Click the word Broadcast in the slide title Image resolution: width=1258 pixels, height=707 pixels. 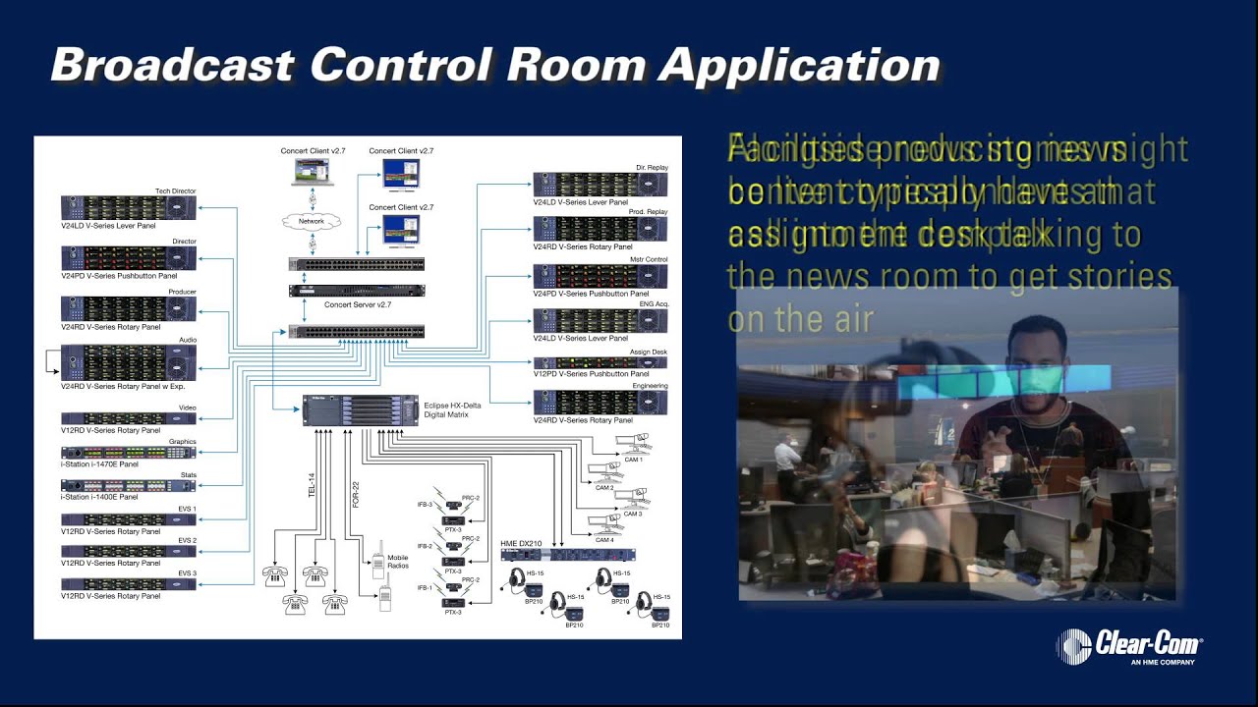(172, 65)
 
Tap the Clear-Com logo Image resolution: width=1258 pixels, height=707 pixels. (1129, 647)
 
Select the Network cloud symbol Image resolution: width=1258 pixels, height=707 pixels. (311, 222)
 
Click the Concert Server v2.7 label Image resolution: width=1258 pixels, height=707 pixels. (358, 305)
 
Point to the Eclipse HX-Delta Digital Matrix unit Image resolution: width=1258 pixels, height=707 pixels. (360, 409)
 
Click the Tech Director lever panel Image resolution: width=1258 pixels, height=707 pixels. (128, 207)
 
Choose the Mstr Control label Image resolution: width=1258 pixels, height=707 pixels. (648, 259)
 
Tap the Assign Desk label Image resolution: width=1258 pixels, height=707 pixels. (648, 352)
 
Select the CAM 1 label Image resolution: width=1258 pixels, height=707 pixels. (633, 460)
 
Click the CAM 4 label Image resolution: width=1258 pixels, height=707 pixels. (604, 540)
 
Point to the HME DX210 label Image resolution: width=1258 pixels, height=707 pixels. (521, 544)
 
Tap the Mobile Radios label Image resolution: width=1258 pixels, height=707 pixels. (397, 562)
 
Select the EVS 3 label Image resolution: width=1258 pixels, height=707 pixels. (187, 572)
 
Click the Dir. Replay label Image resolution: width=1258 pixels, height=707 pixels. (652, 168)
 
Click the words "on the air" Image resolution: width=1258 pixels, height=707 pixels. (801, 319)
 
